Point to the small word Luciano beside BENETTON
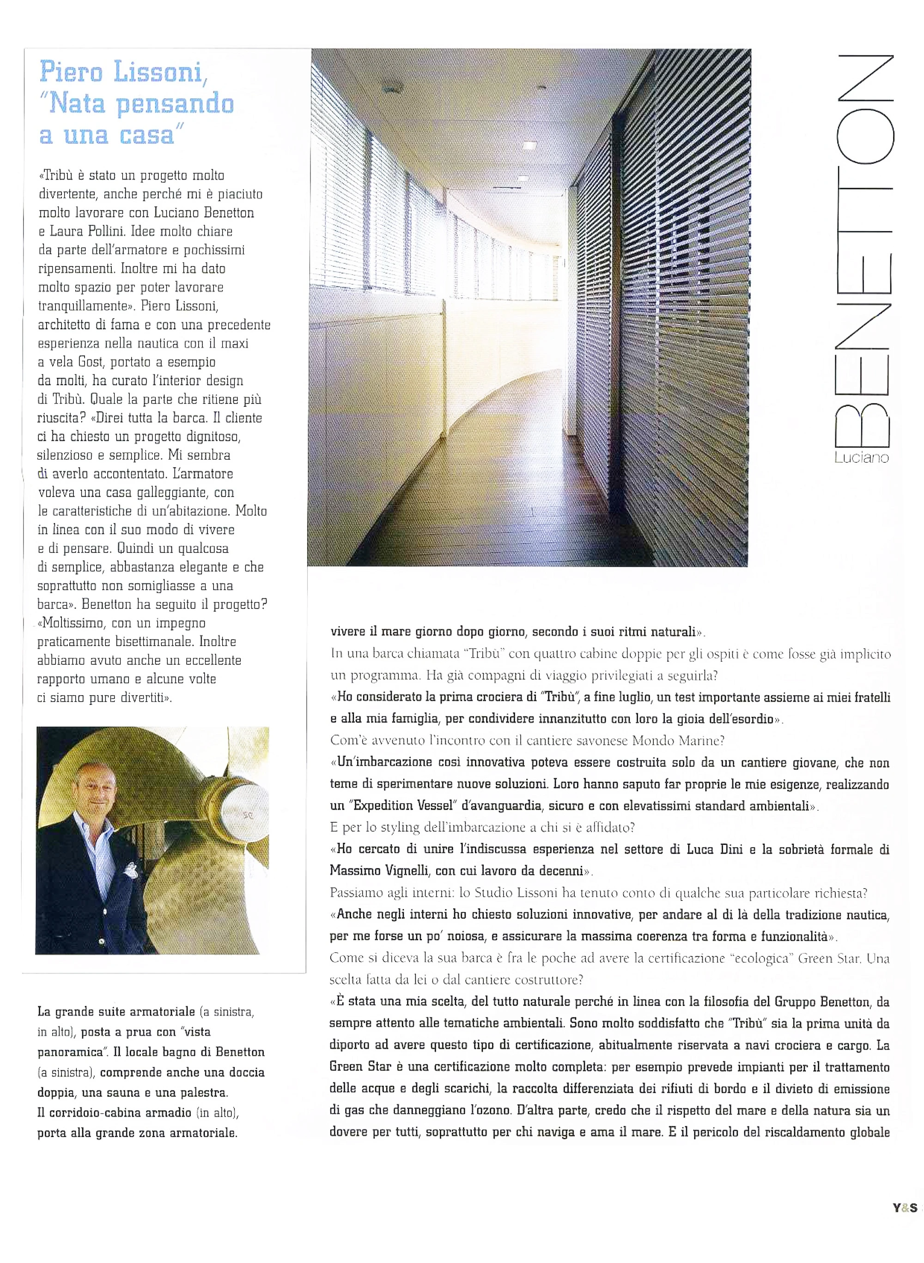861,457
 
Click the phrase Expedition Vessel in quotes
395,806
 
